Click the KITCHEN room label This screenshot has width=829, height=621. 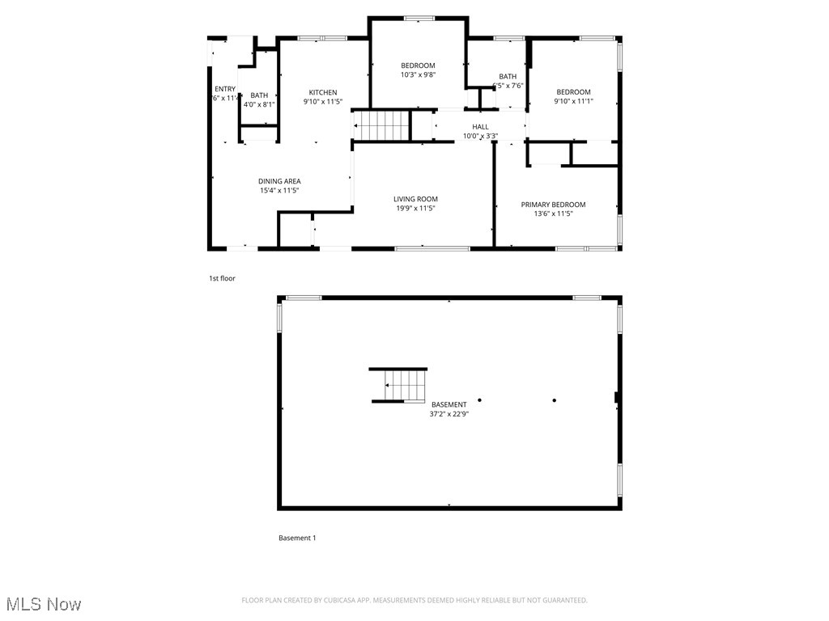[x=322, y=92]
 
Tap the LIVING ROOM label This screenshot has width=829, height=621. [x=415, y=199]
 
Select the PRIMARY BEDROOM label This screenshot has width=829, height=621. [x=553, y=205]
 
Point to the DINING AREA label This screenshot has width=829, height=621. [x=279, y=181]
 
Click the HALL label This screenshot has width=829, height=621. [x=480, y=127]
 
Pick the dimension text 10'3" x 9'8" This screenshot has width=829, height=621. [x=418, y=75]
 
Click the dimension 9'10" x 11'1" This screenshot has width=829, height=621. [x=573, y=102]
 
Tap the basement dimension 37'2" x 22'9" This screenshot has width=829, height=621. [x=449, y=414]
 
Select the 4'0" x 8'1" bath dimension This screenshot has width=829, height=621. [x=259, y=104]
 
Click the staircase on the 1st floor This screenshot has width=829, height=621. [x=382, y=126]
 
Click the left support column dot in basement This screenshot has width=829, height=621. [x=479, y=399]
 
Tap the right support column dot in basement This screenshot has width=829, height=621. [x=555, y=399]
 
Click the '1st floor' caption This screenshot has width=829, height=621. [x=222, y=278]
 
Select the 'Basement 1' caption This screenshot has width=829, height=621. [x=297, y=538]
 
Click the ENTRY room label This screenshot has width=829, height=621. [x=224, y=89]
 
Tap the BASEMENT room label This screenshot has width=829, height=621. [x=449, y=404]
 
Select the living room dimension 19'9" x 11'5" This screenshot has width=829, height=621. [x=416, y=209]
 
